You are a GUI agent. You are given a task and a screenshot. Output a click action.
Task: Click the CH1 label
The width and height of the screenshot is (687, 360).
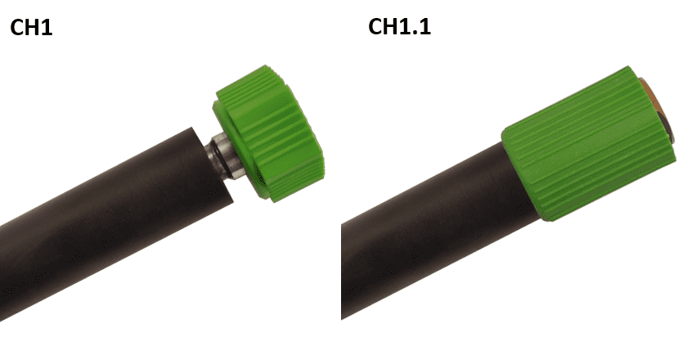tap(31, 28)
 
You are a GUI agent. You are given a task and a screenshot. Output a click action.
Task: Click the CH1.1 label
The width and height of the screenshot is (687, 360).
tap(400, 26)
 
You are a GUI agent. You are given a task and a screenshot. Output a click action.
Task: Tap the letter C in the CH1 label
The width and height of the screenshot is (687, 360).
tap(17, 28)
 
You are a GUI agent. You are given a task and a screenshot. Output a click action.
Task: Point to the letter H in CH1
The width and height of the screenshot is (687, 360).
tap(34, 28)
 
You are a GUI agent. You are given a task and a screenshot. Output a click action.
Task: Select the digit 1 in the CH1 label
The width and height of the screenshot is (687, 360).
tap(47, 28)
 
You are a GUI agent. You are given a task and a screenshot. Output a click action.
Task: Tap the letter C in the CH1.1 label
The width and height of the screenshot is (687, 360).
tap(375, 26)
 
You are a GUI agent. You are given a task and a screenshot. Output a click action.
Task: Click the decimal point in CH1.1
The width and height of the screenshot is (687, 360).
tap(415, 33)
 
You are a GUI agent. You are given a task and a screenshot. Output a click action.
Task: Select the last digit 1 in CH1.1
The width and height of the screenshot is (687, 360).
tap(426, 26)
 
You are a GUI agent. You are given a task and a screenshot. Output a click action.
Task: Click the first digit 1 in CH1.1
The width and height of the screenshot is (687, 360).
tap(406, 26)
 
